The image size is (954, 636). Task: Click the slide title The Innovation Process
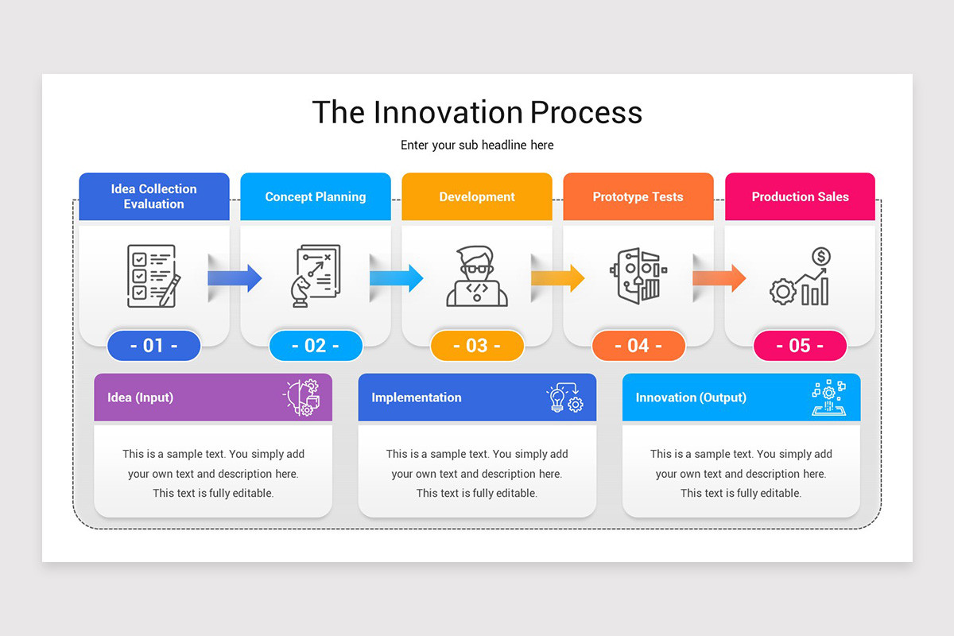click(477, 112)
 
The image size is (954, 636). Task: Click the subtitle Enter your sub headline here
click(477, 145)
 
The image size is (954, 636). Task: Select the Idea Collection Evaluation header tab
click(154, 196)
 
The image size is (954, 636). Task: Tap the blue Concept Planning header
click(316, 196)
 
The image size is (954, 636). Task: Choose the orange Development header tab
click(477, 196)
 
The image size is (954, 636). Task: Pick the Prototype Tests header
click(638, 196)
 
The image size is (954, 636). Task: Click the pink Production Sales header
click(800, 196)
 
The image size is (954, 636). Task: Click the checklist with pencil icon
click(153, 276)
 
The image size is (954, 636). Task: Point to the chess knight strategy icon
click(315, 276)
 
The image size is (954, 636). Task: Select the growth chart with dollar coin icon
click(801, 277)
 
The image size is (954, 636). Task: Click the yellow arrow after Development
click(558, 278)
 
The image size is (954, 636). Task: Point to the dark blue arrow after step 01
click(235, 278)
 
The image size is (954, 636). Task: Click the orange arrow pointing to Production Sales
click(719, 278)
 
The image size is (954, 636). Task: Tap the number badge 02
click(316, 346)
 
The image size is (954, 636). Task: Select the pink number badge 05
click(800, 346)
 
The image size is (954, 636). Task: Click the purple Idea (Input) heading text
click(141, 397)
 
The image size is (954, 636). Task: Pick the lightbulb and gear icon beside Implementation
click(565, 397)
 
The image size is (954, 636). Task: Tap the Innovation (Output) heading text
click(691, 397)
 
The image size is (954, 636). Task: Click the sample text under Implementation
click(477, 474)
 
